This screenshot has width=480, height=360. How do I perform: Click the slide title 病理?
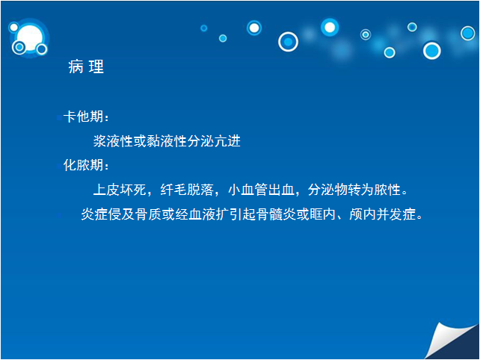tap(86, 66)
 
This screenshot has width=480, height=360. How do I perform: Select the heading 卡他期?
tap(83, 117)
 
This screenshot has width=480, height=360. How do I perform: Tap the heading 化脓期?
tap(83, 165)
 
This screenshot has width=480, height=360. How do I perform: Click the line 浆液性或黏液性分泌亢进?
tap(167, 141)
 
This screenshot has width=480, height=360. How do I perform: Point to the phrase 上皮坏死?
tap(120, 190)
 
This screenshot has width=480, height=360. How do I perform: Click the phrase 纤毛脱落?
tap(187, 190)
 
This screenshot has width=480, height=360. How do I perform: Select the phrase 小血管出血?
tap(261, 190)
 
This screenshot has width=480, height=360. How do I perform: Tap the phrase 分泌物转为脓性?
tap(354, 190)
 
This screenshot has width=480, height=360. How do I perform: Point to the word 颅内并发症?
tap(383, 214)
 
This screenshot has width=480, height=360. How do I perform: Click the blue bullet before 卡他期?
tap(59, 117)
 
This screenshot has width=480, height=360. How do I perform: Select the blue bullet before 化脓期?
tap(59, 167)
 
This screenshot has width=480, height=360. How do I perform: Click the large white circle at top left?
tap(30, 37)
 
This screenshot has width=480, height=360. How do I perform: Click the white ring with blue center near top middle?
tap(288, 42)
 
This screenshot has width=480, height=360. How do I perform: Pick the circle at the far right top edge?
tap(468, 33)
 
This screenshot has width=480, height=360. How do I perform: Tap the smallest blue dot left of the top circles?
tap(204, 28)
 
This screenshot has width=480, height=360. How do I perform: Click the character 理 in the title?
tap(96, 66)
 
